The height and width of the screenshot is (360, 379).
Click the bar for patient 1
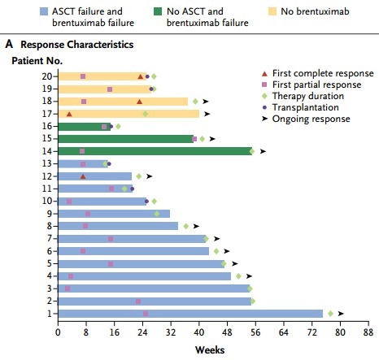click(x=190, y=314)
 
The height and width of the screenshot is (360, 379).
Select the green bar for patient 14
click(x=155, y=151)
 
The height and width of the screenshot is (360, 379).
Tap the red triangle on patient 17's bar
click(x=69, y=114)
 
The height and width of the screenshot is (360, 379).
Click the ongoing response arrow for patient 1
click(x=341, y=314)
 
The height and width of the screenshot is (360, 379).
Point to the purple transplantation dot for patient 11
click(x=132, y=189)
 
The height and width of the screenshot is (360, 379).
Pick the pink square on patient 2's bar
click(x=138, y=301)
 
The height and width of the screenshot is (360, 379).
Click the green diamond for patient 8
click(x=186, y=226)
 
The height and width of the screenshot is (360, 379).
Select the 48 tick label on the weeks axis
click(x=227, y=332)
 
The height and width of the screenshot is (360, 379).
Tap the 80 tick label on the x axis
click(x=340, y=332)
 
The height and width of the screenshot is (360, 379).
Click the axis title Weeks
click(x=210, y=350)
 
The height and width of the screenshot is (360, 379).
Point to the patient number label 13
click(x=47, y=163)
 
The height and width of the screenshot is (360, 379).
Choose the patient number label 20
click(x=47, y=76)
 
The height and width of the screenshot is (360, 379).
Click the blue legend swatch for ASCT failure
click(x=44, y=11)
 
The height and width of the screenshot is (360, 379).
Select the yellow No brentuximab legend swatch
click(x=272, y=11)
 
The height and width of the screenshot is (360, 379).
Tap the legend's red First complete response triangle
click(x=264, y=74)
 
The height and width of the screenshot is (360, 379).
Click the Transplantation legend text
click(x=306, y=107)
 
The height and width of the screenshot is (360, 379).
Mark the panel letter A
click(x=9, y=44)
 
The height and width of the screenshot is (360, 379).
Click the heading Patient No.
click(x=37, y=61)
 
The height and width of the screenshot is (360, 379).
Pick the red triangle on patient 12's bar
click(x=83, y=176)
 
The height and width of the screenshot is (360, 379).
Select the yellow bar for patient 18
click(x=123, y=102)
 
